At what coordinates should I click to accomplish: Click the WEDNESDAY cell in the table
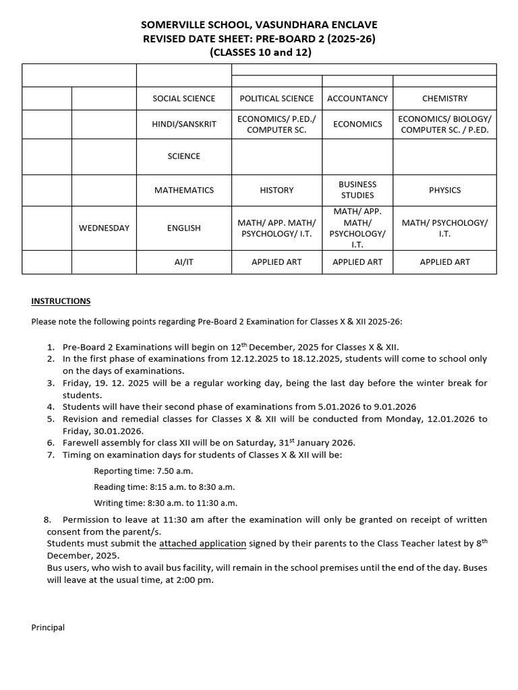[104, 228]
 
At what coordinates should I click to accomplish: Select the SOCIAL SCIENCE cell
[183, 98]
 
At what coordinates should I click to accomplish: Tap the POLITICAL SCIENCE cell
[277, 98]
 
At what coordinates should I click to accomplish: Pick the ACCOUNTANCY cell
[357, 98]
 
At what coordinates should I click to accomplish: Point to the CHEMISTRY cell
[444, 98]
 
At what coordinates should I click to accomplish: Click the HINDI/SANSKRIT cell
[183, 124]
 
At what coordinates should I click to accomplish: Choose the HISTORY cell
[277, 190]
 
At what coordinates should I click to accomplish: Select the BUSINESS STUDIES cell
[357, 190]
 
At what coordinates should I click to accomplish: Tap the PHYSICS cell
[444, 190]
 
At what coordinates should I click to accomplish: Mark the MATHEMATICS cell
[183, 190]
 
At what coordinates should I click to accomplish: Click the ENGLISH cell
[183, 228]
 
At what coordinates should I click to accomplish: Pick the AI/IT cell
[183, 261]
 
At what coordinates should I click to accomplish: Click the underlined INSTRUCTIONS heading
[61, 301]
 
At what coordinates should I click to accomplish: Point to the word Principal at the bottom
[48, 627]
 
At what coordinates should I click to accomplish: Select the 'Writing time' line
[165, 503]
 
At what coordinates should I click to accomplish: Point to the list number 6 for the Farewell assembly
[51, 443]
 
